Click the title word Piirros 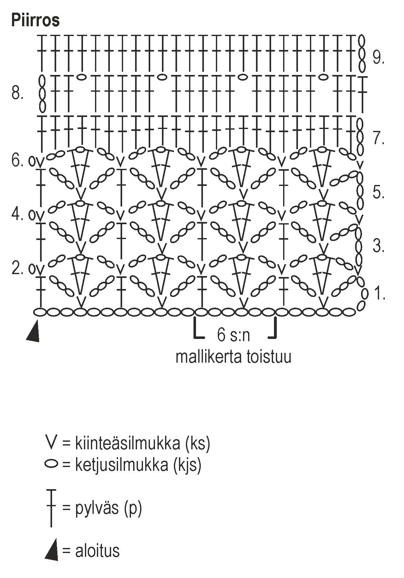point(35,21)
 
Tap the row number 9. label point(378,58)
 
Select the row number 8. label point(18,94)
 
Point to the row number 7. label point(378,138)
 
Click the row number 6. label point(17,161)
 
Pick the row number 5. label point(378,192)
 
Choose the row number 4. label point(17,214)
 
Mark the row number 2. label point(17,269)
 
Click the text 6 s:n point(233,335)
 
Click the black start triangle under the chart point(33,332)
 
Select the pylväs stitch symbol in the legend point(51,508)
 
